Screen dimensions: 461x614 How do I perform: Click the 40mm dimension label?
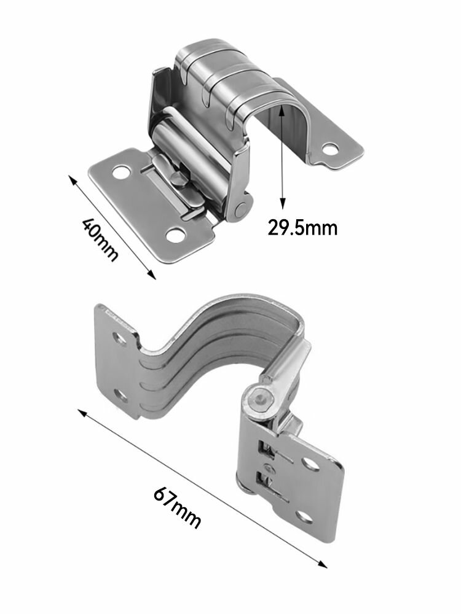100,239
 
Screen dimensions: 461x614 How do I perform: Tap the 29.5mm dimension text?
302,227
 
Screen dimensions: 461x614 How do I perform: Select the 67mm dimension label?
177,507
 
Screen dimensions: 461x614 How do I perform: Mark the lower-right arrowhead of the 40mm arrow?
152,275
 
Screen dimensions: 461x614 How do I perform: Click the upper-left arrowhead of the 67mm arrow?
82,413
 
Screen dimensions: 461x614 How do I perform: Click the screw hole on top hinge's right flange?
330,149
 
